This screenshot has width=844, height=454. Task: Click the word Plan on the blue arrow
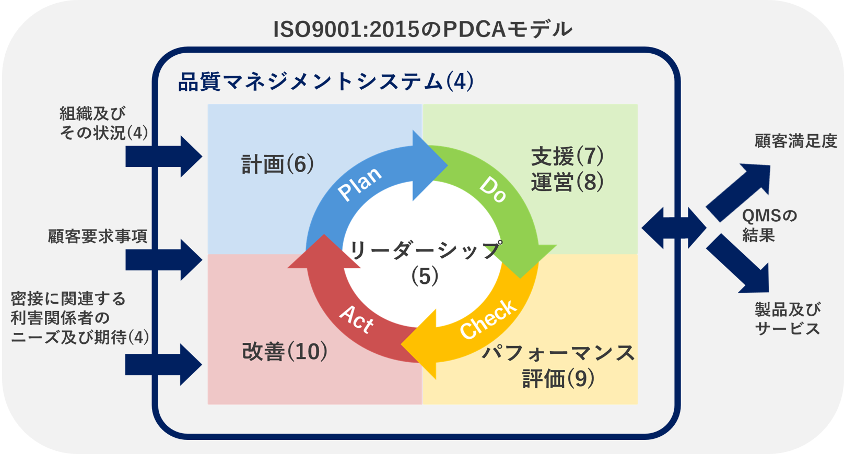[x=359, y=184]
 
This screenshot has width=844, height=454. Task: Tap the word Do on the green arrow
[x=493, y=189]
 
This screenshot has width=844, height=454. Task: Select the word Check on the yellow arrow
[x=488, y=319]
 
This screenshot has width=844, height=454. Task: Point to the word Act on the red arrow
[x=356, y=318]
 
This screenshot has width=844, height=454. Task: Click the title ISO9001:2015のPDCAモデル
[x=423, y=29]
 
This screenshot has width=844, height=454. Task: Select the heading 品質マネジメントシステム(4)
[x=326, y=82]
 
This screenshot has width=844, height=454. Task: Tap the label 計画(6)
[x=277, y=164]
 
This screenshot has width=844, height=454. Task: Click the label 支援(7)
[x=567, y=156]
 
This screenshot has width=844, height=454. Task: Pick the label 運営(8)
[x=567, y=182]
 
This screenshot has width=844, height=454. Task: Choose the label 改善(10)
[x=285, y=352]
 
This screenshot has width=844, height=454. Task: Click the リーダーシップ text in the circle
[x=425, y=251]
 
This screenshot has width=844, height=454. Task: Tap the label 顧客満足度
[x=795, y=141]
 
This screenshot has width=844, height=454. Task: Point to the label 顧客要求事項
[x=98, y=236]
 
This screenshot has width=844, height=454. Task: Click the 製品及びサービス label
[x=787, y=319]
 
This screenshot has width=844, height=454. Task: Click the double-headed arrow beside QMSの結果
[x=674, y=228]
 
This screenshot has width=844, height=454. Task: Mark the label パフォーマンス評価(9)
[x=558, y=366]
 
